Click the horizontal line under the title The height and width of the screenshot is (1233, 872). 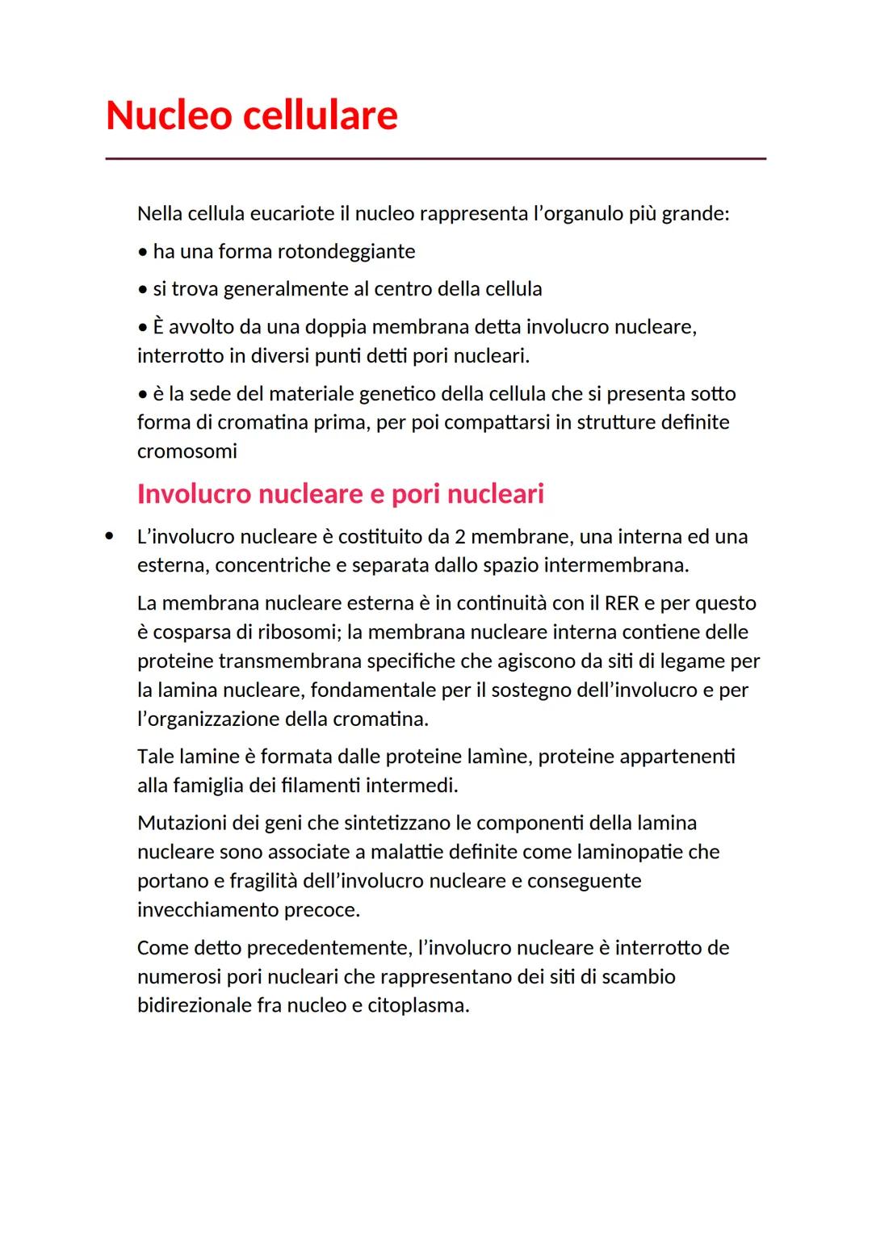click(435, 159)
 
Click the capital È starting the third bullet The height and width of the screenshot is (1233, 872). click(159, 327)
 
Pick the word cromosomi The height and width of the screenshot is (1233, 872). click(187, 451)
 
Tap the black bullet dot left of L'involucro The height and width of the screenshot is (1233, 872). click(109, 536)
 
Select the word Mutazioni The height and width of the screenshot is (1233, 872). click(182, 823)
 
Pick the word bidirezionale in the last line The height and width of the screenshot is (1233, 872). click(195, 1006)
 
